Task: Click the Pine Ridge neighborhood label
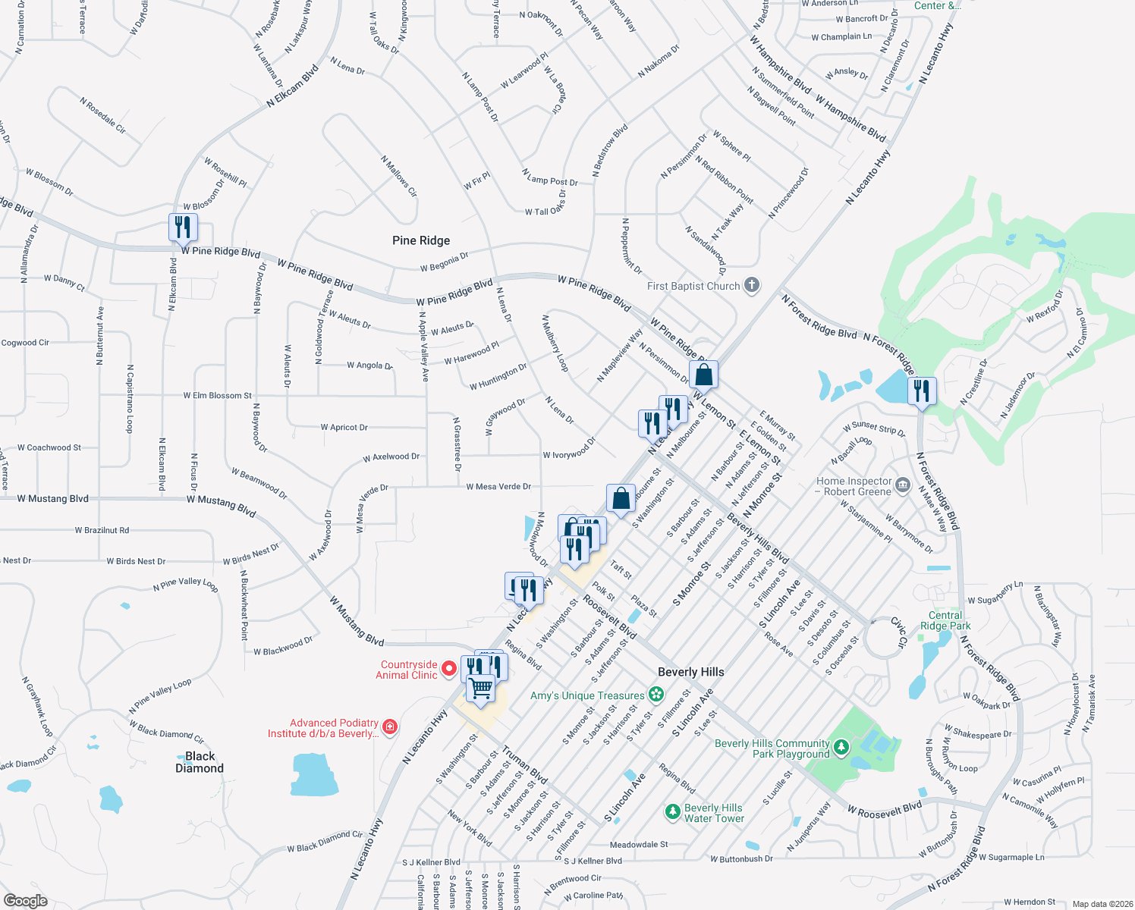point(421,240)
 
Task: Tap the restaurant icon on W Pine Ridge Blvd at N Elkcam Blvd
point(183,227)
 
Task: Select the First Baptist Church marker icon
point(752,285)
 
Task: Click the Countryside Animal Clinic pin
point(449,669)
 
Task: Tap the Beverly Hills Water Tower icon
point(672,812)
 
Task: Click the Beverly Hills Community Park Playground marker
point(841,748)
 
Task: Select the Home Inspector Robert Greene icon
point(902,485)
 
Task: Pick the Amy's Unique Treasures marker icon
point(656,695)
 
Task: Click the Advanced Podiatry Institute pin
point(390,727)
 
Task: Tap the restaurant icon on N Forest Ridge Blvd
point(922,391)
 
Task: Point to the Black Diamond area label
point(200,762)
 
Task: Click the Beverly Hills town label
point(691,672)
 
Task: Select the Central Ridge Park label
point(945,620)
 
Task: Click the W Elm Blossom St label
point(217,395)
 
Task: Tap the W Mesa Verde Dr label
point(498,487)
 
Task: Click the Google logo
point(26,901)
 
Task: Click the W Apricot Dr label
point(344,428)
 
